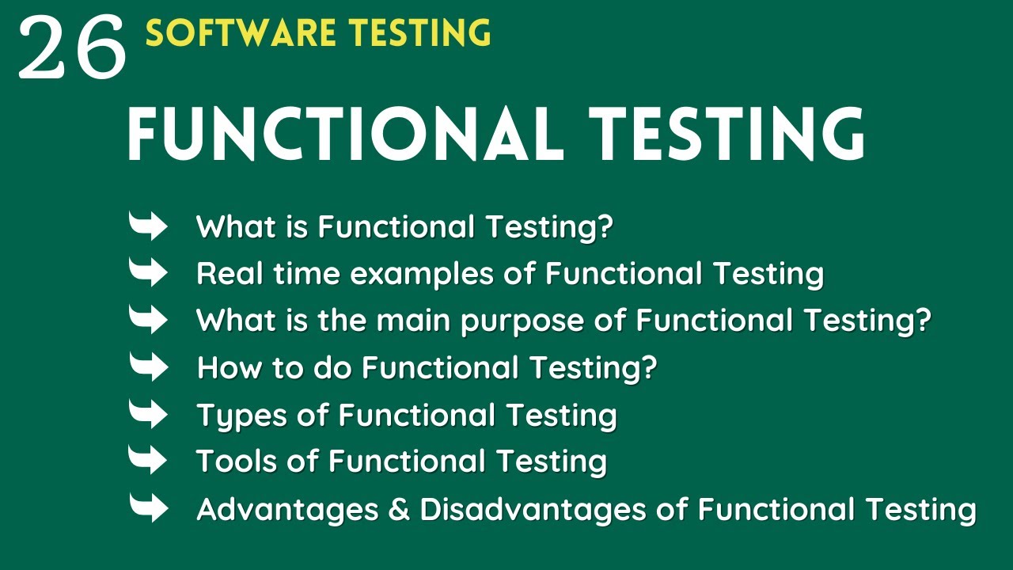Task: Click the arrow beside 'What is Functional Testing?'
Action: pos(148,226)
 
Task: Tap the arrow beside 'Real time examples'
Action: pos(148,273)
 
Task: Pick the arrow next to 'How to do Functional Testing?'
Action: pos(148,367)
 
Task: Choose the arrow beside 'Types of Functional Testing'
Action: pos(148,414)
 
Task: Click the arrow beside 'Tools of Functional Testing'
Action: pos(148,460)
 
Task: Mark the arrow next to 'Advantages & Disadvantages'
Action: pos(148,507)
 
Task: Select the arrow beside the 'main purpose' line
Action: pos(148,320)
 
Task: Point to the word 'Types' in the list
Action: pos(241,416)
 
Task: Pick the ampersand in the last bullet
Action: pos(400,509)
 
